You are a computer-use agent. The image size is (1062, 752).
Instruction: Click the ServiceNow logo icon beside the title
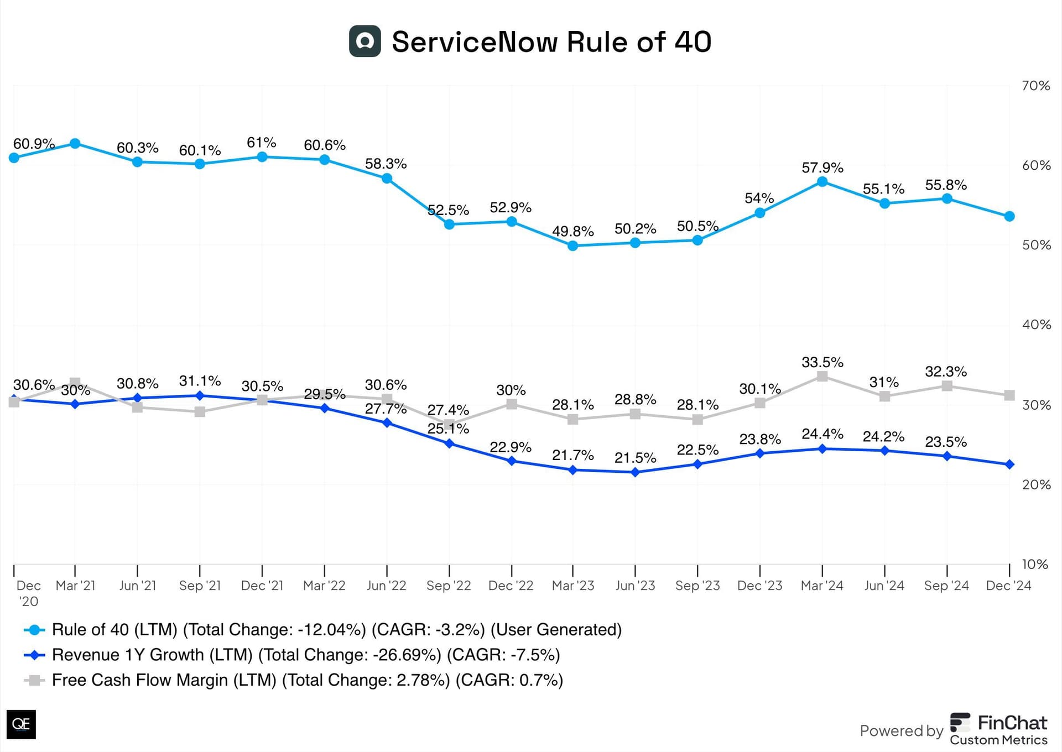click(x=365, y=41)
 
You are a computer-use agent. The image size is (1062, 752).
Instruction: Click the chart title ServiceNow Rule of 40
click(x=551, y=42)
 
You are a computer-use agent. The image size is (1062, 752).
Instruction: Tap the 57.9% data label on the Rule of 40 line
click(x=822, y=168)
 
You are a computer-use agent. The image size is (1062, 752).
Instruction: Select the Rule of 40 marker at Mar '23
click(x=573, y=246)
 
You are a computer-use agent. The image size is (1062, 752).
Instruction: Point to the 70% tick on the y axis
click(x=1035, y=86)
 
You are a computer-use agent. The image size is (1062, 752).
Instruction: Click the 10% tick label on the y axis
click(x=1035, y=564)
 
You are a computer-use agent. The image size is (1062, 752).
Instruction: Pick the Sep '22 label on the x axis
click(x=449, y=586)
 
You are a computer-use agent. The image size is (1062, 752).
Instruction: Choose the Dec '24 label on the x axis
click(x=1008, y=586)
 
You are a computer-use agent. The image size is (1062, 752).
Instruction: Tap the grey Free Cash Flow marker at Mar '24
click(x=822, y=377)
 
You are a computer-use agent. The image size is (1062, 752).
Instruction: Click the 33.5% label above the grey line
click(x=822, y=363)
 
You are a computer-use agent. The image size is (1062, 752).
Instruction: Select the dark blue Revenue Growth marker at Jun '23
click(x=635, y=472)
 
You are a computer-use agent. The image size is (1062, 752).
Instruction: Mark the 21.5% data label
click(x=635, y=458)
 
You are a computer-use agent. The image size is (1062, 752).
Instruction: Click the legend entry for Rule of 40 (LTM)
click(x=336, y=630)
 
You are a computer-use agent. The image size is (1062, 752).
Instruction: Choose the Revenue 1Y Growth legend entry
click(x=305, y=655)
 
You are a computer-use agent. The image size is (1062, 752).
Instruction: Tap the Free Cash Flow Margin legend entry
click(x=307, y=680)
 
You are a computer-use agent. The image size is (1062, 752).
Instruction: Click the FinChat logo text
click(x=1012, y=723)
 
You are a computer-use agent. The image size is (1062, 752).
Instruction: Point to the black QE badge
click(x=21, y=724)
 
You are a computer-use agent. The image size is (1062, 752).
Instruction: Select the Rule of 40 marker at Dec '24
click(x=1009, y=216)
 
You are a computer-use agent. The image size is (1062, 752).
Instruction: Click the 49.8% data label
click(x=572, y=231)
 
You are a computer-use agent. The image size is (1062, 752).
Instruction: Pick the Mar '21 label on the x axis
click(x=75, y=586)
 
